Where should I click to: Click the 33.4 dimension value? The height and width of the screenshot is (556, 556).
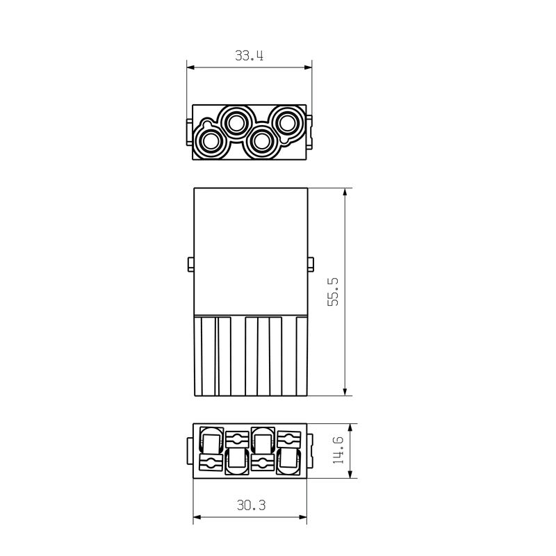[x=249, y=56]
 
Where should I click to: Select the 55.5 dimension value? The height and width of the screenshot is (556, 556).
[x=333, y=292]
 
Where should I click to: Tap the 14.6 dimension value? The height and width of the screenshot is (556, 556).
[x=338, y=450]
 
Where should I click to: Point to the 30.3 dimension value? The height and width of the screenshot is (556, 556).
[x=251, y=505]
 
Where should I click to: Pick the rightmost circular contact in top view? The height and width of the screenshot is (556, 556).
[x=286, y=123]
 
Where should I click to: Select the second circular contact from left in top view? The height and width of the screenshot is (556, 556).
[x=236, y=123]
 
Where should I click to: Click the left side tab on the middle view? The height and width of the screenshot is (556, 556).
[x=190, y=265]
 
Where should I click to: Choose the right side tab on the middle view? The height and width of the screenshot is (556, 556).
[x=311, y=265]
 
